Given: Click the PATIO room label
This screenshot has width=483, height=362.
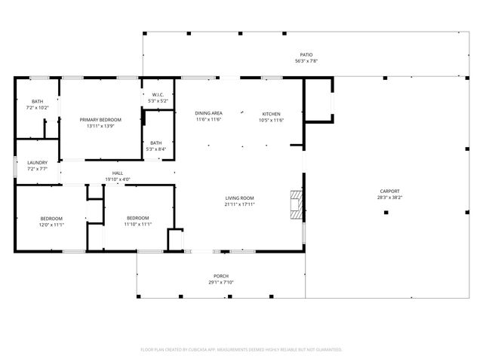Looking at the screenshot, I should (x=306, y=55).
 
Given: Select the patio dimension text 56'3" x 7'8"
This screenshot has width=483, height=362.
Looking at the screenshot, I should (x=306, y=61).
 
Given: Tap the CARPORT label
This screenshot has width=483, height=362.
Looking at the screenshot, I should (x=389, y=191).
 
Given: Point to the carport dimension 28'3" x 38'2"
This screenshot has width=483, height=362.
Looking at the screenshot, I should (x=389, y=198).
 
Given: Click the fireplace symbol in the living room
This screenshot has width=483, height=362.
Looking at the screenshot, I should (x=297, y=203).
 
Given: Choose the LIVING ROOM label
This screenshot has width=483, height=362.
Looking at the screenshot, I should (x=239, y=198).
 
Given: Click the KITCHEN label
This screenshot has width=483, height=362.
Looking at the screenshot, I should (x=271, y=113).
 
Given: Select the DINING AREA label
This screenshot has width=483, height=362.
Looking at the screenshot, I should (x=209, y=113).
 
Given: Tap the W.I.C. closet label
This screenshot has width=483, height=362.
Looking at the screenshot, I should (x=157, y=94).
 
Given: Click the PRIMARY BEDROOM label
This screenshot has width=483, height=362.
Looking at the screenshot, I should (x=100, y=119).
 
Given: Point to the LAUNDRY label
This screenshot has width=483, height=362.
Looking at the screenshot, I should (x=38, y=162).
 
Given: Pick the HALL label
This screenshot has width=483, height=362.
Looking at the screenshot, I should (x=118, y=173).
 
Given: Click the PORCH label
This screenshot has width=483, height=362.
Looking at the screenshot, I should (x=221, y=276).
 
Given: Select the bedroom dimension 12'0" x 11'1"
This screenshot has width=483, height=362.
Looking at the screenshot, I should (x=52, y=224).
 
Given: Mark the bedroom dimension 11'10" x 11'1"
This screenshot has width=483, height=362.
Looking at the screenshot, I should (x=138, y=224).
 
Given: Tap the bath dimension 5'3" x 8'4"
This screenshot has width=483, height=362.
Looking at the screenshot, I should (x=156, y=149).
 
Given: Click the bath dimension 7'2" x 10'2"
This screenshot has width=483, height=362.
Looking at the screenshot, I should (x=38, y=108).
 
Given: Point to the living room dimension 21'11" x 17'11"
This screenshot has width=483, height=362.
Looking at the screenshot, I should (x=239, y=204).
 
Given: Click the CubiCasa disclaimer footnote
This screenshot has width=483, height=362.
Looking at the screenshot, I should (x=241, y=349).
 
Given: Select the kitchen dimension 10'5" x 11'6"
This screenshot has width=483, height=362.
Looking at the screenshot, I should (x=271, y=120).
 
